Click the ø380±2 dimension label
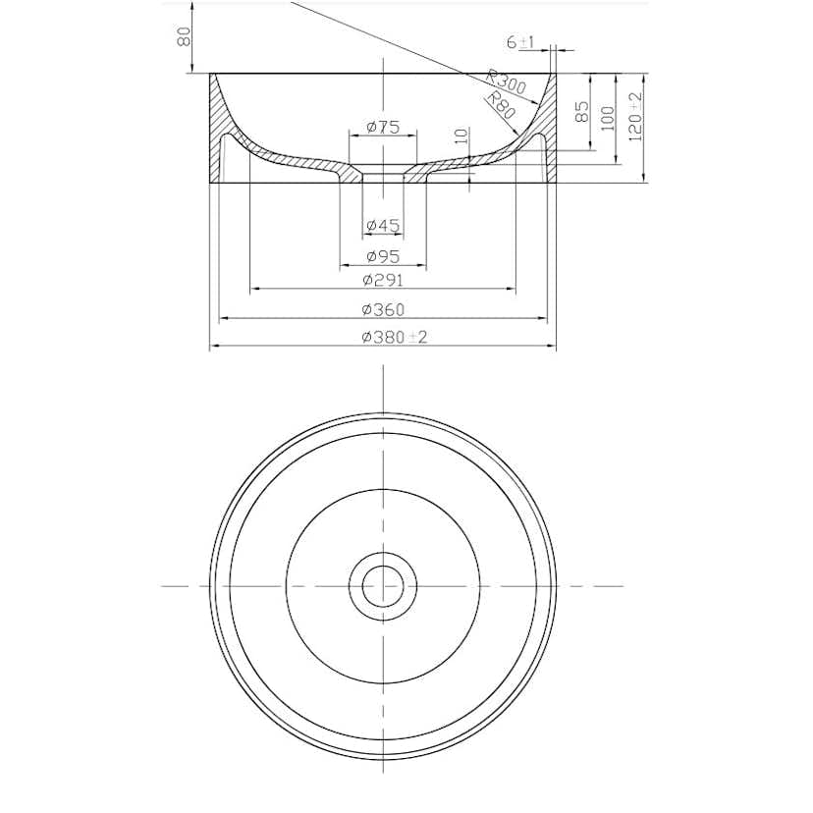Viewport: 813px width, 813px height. [x=395, y=337]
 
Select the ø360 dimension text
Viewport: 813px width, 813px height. [x=383, y=309]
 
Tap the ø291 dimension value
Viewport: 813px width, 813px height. [x=383, y=280]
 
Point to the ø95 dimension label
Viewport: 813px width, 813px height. [x=383, y=256]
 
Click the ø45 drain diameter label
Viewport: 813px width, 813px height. [x=383, y=226]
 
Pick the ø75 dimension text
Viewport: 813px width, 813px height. [x=382, y=127]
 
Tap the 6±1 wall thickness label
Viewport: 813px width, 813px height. [x=519, y=42]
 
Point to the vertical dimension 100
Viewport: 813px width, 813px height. [x=607, y=118]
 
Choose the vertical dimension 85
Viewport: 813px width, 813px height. [x=581, y=112]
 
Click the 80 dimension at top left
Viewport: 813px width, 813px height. [x=183, y=36]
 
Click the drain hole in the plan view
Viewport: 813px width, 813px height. [x=383, y=585]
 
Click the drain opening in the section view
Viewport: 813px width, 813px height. [x=383, y=174]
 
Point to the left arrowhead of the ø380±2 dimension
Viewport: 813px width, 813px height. [x=213, y=347]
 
